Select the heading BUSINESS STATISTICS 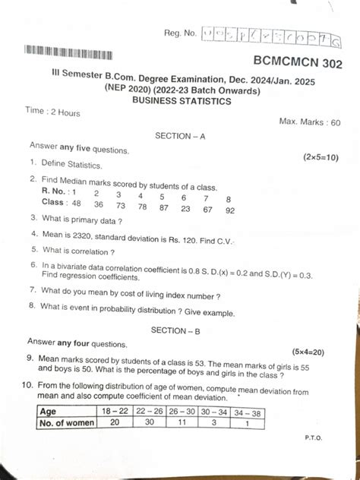[182, 100]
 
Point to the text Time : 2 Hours [52, 112]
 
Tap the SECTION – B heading [177, 330]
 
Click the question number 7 [33, 290]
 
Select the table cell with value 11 [185, 423]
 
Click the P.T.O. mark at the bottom [313, 438]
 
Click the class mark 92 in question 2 [230, 210]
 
